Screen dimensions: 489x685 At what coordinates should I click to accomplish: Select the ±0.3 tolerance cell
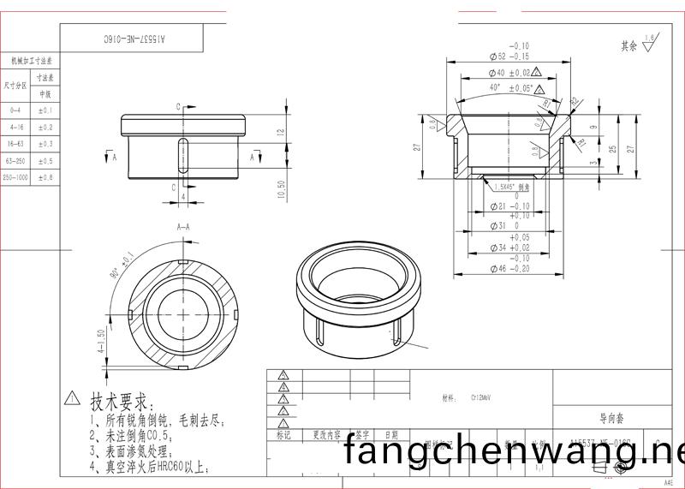click(45, 144)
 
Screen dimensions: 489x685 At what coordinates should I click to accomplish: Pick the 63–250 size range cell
click(15, 160)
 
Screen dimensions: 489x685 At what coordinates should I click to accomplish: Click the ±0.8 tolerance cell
click(45, 177)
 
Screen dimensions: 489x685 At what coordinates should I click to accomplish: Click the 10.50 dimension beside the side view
click(281, 188)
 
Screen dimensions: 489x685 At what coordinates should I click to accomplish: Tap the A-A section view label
click(183, 228)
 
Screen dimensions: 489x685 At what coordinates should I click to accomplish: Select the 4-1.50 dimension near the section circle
click(101, 341)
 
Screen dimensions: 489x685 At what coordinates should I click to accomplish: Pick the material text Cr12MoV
click(480, 398)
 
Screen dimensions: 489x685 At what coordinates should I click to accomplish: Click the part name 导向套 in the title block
click(611, 419)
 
